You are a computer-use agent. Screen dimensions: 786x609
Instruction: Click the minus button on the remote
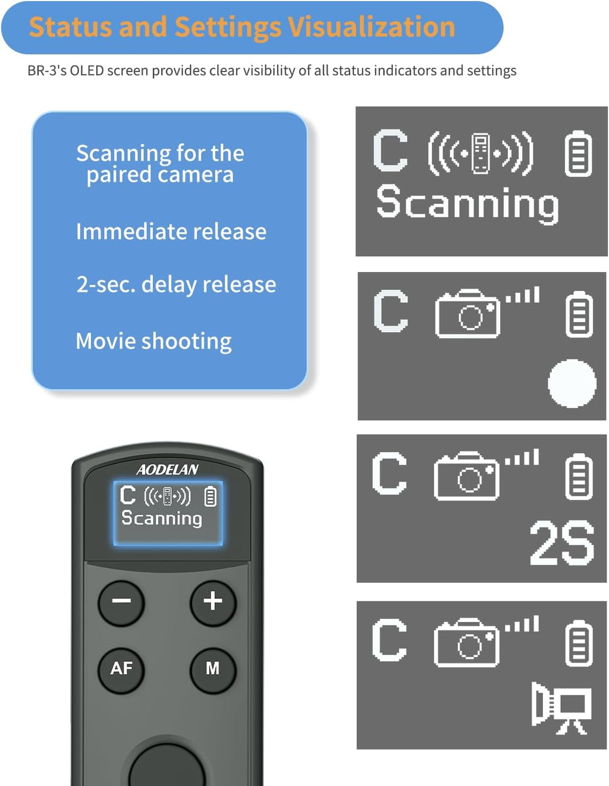[121, 602]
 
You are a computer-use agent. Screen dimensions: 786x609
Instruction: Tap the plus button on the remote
[213, 602]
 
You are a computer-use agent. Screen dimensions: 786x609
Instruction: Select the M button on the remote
[213, 669]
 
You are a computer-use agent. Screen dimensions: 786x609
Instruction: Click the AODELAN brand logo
[168, 470]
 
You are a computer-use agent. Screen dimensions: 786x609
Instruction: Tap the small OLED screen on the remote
[168, 513]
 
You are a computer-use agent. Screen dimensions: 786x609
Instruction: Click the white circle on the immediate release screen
[572, 383]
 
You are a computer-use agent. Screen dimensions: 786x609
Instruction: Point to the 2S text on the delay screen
[561, 543]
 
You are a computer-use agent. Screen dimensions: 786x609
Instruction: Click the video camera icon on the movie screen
[561, 709]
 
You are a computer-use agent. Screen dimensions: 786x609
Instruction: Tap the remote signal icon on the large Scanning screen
[481, 154]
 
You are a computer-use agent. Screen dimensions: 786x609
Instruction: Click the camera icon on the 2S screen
[467, 476]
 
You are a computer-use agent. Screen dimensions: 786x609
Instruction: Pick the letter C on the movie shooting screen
[390, 640]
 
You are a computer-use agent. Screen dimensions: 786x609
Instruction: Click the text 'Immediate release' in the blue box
[171, 232]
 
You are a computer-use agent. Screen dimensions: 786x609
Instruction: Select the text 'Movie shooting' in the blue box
[153, 341]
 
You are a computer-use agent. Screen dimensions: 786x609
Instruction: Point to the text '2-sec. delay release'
[176, 285]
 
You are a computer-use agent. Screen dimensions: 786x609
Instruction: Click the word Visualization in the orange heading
[372, 27]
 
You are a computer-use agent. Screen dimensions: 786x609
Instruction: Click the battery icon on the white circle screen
[579, 314]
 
